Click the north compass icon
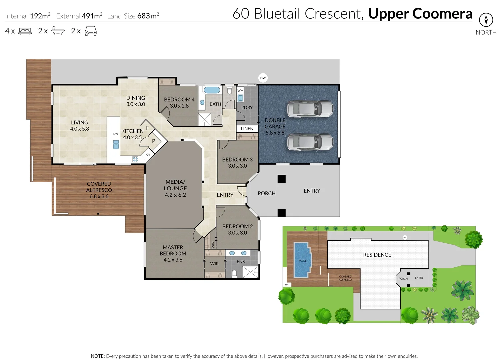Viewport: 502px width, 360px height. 486,20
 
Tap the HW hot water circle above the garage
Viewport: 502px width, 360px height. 263,78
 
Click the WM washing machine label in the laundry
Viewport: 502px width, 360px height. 240,91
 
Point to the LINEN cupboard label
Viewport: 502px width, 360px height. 247,129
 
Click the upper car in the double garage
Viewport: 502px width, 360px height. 310,109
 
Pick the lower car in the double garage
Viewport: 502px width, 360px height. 310,142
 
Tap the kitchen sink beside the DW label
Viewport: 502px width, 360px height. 116,145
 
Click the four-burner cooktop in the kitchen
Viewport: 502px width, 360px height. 135,159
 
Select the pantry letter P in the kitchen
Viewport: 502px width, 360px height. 154,141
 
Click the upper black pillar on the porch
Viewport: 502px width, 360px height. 281,179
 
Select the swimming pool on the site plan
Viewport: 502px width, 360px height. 303,260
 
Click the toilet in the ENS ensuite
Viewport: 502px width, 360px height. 234,274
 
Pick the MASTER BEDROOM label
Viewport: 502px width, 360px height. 173,250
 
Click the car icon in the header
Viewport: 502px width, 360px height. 91,31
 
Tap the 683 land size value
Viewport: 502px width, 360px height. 143,16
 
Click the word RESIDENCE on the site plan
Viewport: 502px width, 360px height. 377,255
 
